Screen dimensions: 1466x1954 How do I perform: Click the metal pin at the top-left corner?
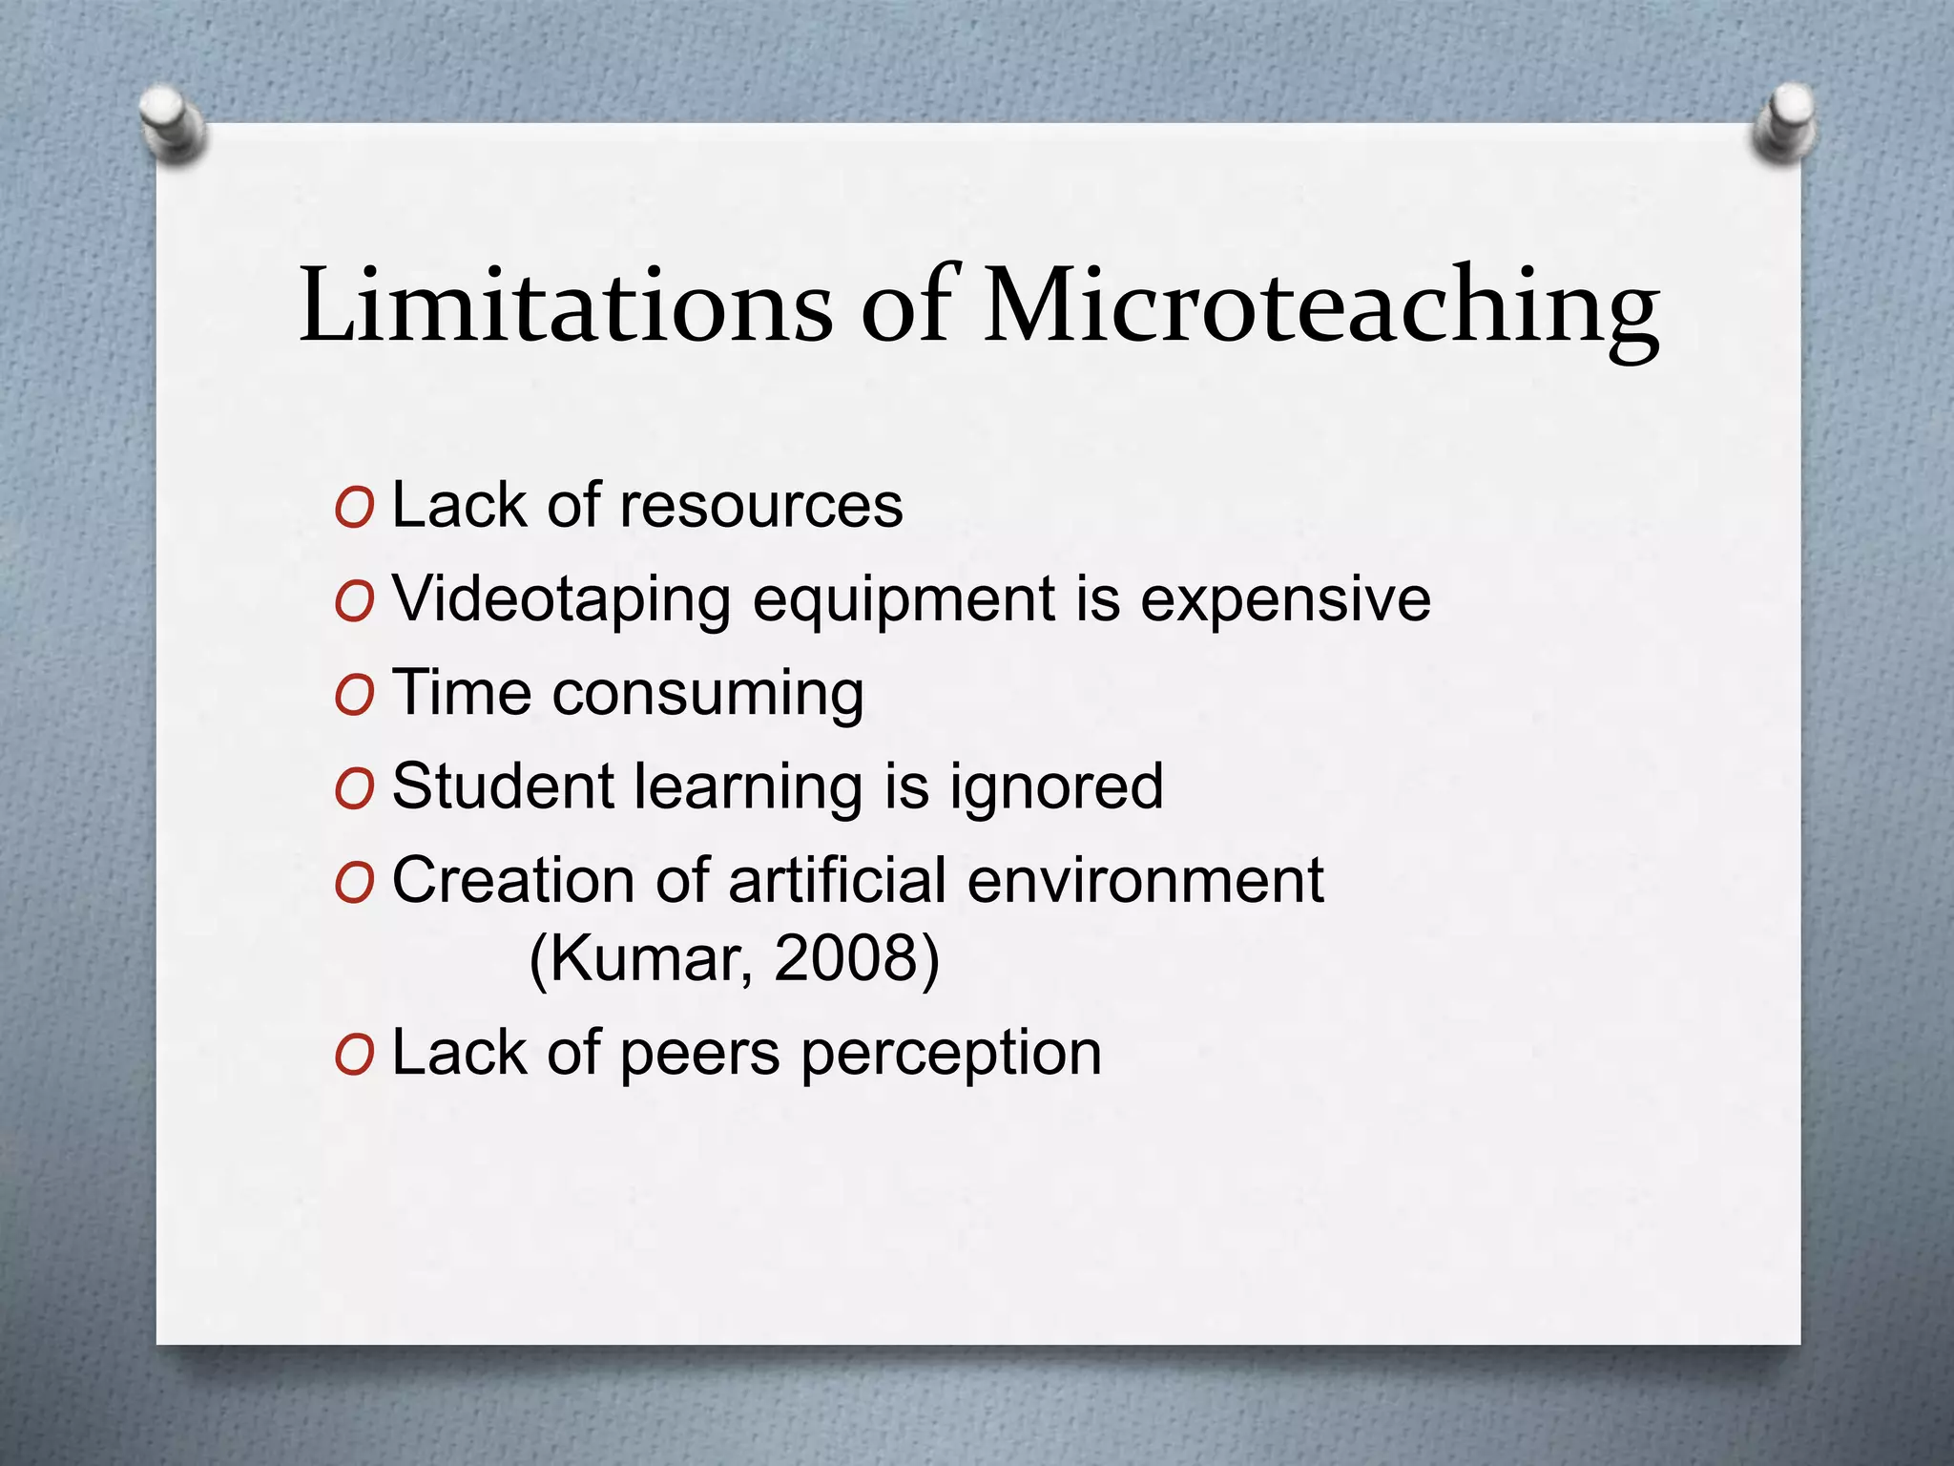tap(172, 124)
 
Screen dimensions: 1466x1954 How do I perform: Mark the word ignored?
tap(1056, 787)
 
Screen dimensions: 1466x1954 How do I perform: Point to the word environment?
tap(1145, 879)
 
